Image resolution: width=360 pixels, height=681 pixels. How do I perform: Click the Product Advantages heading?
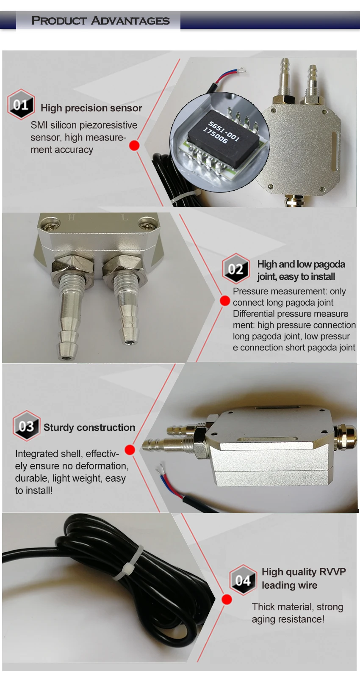(100, 21)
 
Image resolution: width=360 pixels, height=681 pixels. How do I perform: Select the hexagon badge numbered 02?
(235, 268)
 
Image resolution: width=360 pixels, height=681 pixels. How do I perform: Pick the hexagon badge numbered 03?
(26, 426)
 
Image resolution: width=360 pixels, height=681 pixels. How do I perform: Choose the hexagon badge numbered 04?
(243, 580)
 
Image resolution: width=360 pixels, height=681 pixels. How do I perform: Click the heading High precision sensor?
(91, 108)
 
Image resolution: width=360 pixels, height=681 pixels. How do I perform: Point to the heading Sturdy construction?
(89, 427)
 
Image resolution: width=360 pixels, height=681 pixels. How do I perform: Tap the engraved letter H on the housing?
(72, 217)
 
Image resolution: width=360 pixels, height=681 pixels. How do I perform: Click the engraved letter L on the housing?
(125, 218)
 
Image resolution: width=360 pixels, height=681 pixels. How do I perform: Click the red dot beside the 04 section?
(227, 599)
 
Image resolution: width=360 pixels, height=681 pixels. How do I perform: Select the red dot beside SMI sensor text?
(134, 145)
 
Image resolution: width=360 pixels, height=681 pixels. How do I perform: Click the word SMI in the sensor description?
(39, 125)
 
